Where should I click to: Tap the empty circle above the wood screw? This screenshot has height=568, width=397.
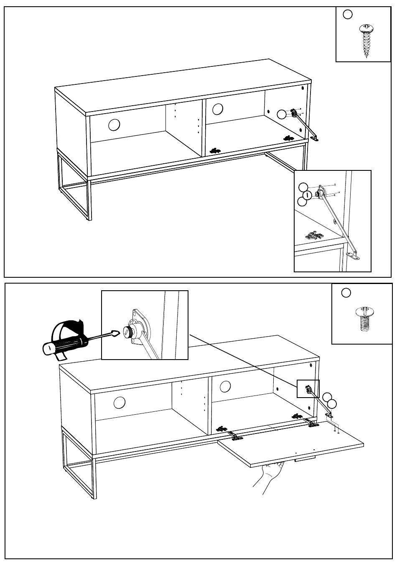(x=347, y=15)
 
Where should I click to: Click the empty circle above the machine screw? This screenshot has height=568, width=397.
(x=346, y=293)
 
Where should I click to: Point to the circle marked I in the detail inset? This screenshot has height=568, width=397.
(x=307, y=195)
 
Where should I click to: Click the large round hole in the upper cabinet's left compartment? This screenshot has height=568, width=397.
(x=114, y=124)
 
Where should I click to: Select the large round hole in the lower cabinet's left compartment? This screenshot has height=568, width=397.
(x=120, y=403)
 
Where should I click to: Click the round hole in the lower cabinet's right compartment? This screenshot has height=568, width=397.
(x=225, y=386)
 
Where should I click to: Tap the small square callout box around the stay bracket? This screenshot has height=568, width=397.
(x=308, y=389)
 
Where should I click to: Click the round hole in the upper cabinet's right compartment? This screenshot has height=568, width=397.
(x=218, y=109)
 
